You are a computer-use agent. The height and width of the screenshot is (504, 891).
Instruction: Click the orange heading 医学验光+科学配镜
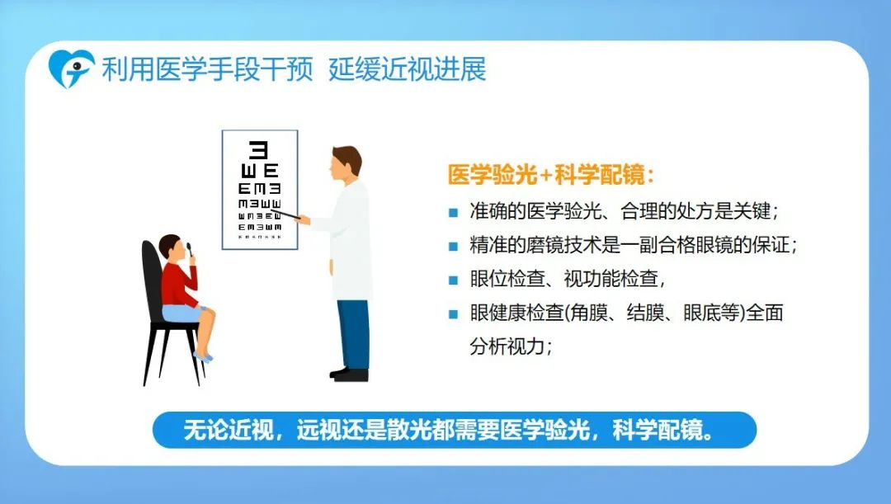(551, 174)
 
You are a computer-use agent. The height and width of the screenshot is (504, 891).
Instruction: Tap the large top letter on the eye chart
(259, 150)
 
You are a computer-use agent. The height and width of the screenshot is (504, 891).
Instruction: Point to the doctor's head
(346, 163)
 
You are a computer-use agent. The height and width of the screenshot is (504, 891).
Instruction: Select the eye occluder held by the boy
(190, 250)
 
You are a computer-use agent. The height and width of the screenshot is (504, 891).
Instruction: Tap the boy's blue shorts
(181, 313)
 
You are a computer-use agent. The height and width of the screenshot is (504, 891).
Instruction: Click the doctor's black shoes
(350, 374)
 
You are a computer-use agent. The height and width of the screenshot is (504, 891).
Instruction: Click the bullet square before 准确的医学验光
(454, 213)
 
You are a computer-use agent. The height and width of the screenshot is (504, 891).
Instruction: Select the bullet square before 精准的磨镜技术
(454, 247)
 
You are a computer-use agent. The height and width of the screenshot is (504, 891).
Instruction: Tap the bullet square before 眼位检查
(454, 280)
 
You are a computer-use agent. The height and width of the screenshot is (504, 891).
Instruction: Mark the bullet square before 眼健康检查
(454, 314)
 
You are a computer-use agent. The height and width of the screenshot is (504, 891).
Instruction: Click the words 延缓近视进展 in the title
(408, 69)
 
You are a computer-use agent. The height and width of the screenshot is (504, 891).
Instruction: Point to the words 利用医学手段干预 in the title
(207, 69)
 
